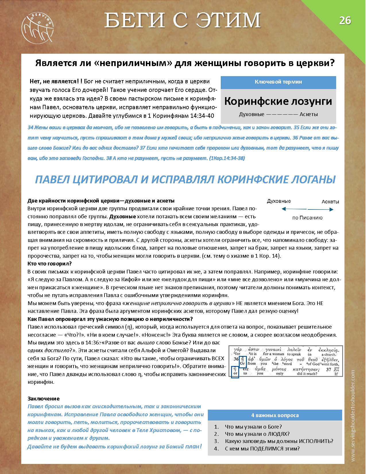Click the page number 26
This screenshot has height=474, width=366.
click(x=345, y=21)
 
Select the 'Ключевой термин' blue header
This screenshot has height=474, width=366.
click(x=278, y=82)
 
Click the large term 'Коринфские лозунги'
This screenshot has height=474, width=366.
click(x=278, y=101)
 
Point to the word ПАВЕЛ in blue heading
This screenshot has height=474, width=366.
click(x=52, y=180)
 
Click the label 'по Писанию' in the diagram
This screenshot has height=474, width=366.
click(x=307, y=218)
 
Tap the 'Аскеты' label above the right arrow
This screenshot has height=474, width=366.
click(x=330, y=201)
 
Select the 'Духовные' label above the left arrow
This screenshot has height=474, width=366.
click(x=279, y=201)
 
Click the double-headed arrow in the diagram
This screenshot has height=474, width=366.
click(x=307, y=209)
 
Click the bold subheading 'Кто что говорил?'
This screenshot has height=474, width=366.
click(x=49, y=263)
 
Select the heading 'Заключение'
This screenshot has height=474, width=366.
click(x=44, y=398)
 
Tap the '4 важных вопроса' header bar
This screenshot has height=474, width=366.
click(x=275, y=415)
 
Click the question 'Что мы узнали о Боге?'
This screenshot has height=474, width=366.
click(x=253, y=427)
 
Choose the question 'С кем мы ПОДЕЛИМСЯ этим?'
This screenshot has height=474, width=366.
click(x=262, y=448)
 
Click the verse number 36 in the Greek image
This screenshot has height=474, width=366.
click(x=236, y=359)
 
